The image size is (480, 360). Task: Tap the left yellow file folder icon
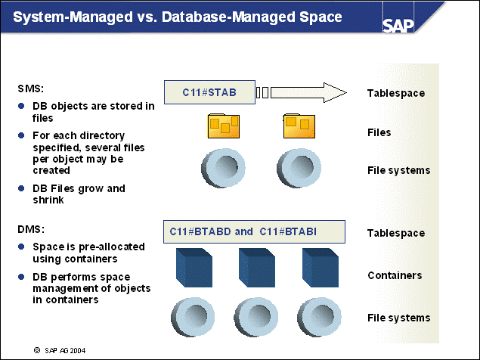coord(223,127)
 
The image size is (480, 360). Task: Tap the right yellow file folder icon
coord(298,127)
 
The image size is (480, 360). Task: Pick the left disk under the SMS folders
coord(222,168)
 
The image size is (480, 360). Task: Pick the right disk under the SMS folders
coord(298,168)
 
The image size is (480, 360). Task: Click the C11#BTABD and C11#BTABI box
coord(254,231)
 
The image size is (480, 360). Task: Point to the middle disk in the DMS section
coord(255,316)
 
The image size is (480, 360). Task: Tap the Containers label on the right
coord(394,275)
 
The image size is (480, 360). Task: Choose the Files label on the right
coord(379,132)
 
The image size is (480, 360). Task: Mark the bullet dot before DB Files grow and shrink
coord(21,188)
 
